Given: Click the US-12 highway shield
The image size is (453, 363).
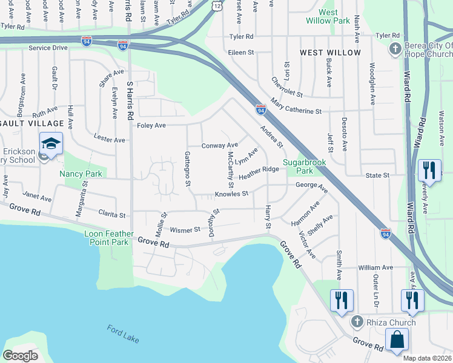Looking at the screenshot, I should pos(217,5).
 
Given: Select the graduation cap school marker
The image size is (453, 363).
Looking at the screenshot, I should pos(51,145).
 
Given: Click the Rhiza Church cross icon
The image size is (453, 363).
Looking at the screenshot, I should pos(357,322).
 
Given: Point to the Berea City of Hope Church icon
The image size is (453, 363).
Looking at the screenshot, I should pos(395,49).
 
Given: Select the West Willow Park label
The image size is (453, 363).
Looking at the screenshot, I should pos(328,16).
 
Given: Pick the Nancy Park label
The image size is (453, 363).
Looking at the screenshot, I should pos(79,174).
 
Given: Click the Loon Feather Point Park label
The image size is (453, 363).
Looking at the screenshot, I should pos(107,237).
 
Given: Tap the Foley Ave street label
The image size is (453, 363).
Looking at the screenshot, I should pos(151,125).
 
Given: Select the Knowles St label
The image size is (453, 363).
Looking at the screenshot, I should pos(231,194).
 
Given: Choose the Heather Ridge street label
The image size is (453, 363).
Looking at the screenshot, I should pos(259,174).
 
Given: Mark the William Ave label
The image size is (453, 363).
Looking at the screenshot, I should pos(375,267).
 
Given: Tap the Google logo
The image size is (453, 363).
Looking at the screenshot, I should pos(20,356).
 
